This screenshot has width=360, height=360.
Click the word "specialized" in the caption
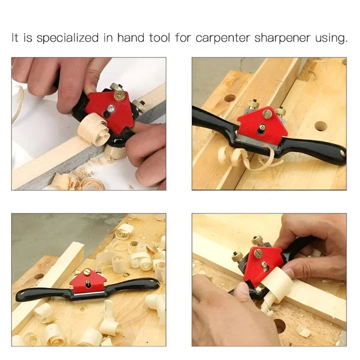point(67,38)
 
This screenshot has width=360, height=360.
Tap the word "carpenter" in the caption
point(222,38)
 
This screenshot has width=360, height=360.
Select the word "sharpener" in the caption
point(282,38)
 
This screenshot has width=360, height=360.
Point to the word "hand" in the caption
point(130,37)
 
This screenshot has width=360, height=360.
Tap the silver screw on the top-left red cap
point(111,108)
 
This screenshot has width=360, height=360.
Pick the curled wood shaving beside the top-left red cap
point(93,129)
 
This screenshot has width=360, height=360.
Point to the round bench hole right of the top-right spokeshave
point(320,126)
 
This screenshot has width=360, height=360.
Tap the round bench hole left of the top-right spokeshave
point(230,98)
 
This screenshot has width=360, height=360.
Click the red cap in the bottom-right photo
point(263,264)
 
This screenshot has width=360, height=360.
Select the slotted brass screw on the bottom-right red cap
point(258,253)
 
